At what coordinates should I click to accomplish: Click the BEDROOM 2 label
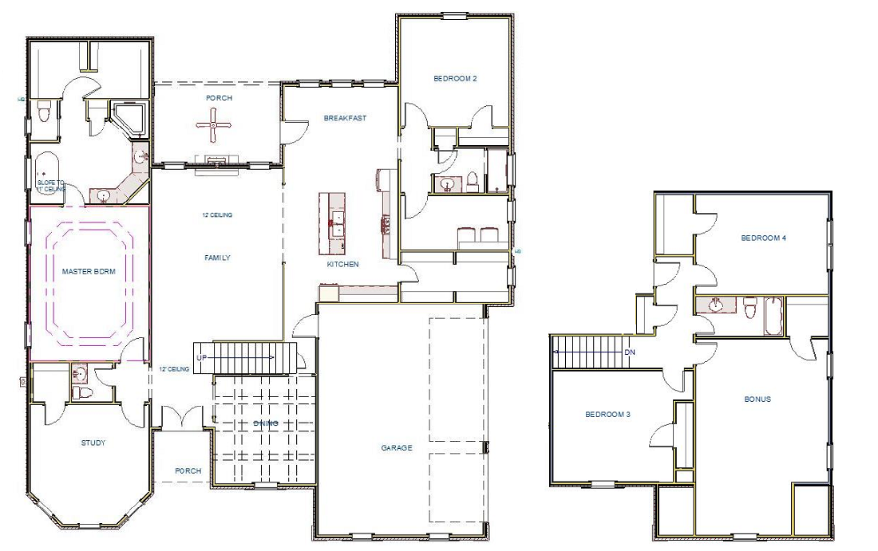click(x=455, y=78)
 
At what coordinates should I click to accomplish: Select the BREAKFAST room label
click(x=345, y=118)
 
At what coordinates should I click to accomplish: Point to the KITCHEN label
click(x=342, y=264)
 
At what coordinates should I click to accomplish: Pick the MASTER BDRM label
click(x=89, y=272)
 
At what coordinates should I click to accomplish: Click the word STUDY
click(x=93, y=443)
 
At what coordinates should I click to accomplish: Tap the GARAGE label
click(x=397, y=447)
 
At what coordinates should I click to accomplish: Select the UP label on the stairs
click(x=202, y=358)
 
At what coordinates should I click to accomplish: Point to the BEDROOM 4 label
click(x=764, y=238)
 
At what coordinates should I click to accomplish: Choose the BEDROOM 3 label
click(x=607, y=414)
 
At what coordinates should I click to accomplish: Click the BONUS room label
click(x=757, y=399)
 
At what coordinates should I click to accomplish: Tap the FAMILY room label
click(x=217, y=258)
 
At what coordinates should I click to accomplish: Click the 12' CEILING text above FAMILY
click(x=217, y=214)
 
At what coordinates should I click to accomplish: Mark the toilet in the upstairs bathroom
click(x=749, y=306)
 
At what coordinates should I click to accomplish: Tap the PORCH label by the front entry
click(x=188, y=470)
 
